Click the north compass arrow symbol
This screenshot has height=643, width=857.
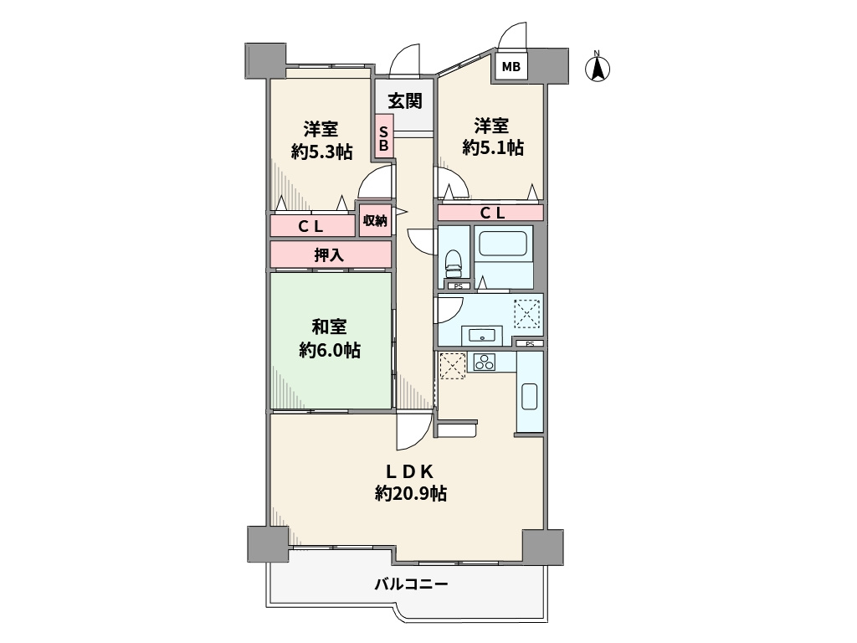tap(598, 68)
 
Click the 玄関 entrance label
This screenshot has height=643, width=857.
tap(404, 101)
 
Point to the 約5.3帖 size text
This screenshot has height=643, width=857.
tap(321, 152)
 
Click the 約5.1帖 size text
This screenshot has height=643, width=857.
tap(493, 147)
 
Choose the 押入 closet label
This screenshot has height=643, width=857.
tap(330, 255)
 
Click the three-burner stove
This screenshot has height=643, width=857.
tap(485, 362)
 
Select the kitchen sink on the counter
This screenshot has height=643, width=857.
tap(530, 394)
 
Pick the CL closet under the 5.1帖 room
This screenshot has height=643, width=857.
tap(491, 213)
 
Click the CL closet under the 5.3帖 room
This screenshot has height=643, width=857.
tap(311, 226)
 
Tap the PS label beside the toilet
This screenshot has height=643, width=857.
tap(457, 286)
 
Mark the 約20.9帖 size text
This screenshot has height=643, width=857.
tap(410, 494)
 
